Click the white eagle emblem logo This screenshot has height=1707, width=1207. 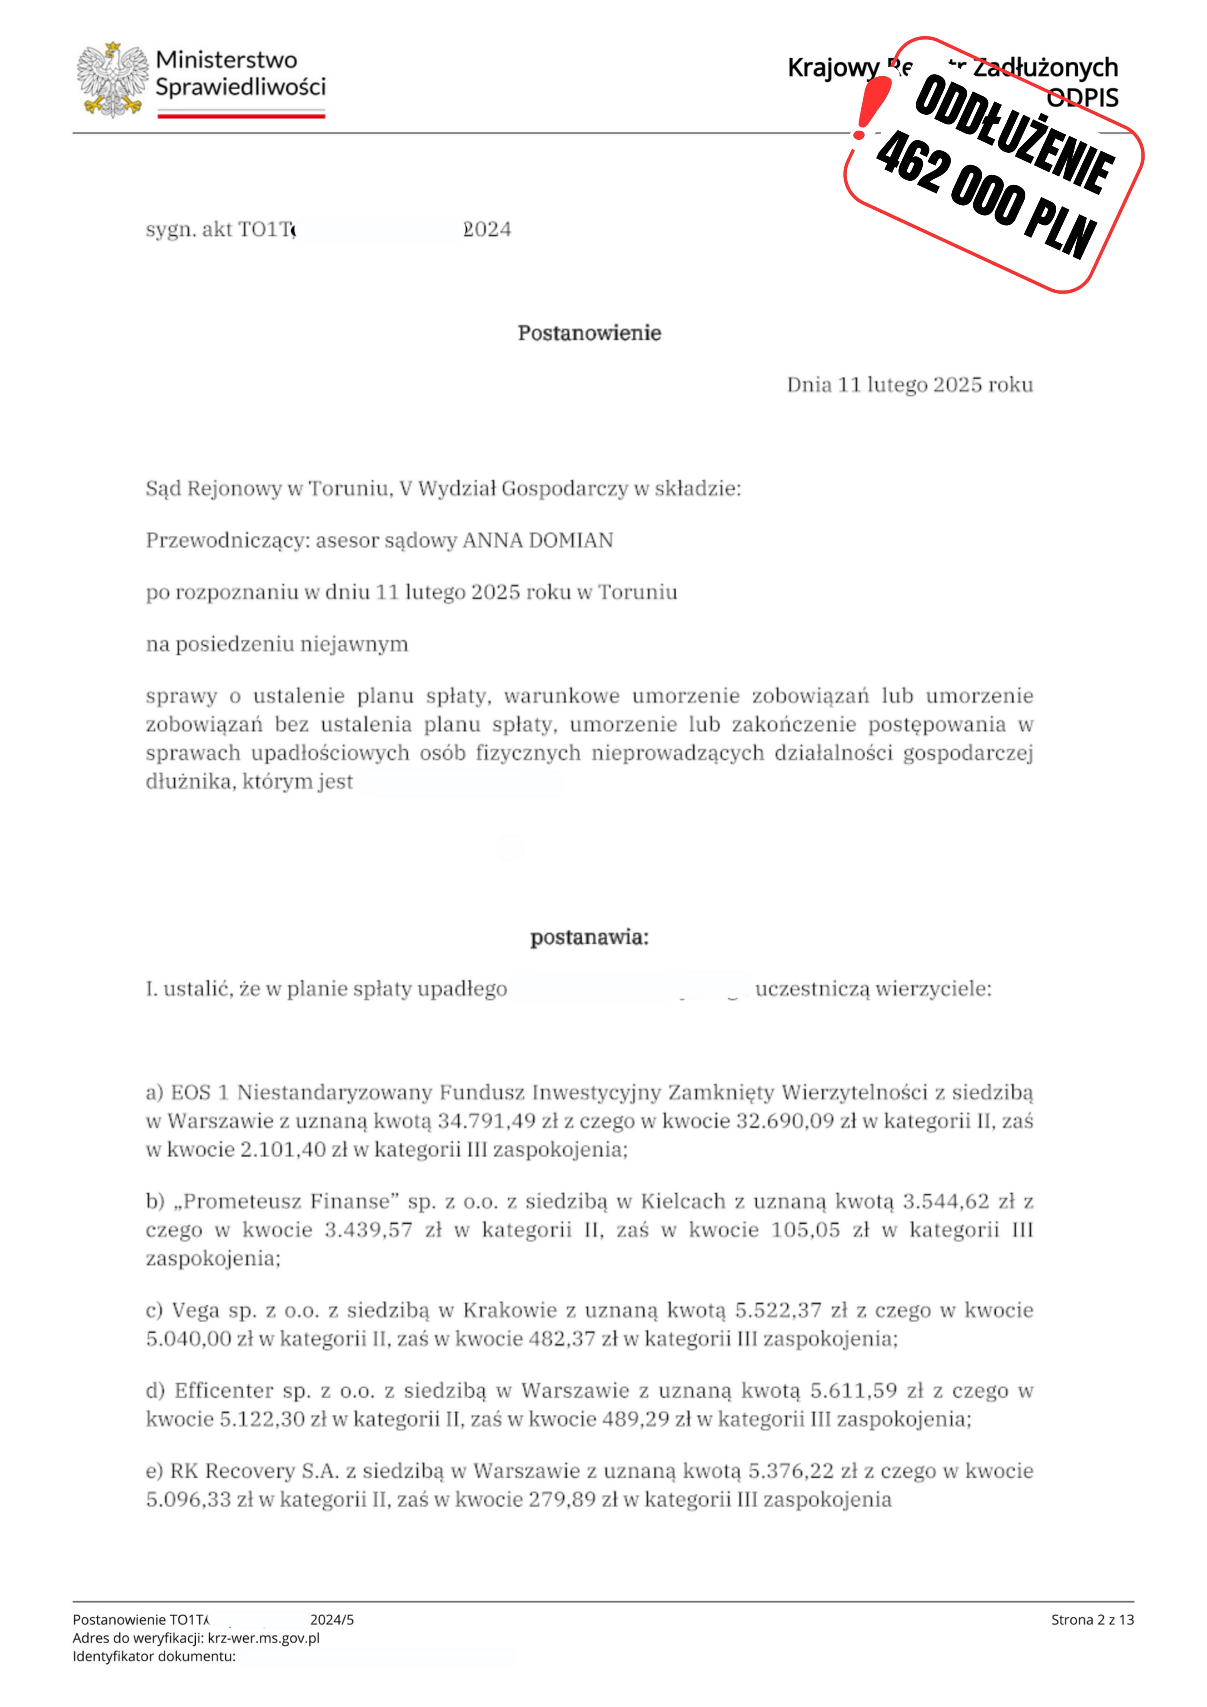click(x=112, y=80)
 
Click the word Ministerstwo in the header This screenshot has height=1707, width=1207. click(x=226, y=60)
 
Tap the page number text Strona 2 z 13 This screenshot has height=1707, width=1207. click(x=1092, y=1619)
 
